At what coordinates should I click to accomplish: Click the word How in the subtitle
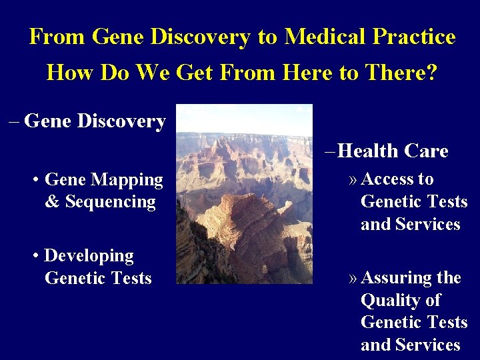[x=70, y=72]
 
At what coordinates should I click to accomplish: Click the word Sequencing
[x=110, y=202]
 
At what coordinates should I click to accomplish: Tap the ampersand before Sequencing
[x=53, y=202]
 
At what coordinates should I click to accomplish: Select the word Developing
[x=89, y=256]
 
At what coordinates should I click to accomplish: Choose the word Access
[x=388, y=179]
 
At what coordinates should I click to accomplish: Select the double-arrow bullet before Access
[x=353, y=180]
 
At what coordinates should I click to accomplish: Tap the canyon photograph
[x=244, y=193]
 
